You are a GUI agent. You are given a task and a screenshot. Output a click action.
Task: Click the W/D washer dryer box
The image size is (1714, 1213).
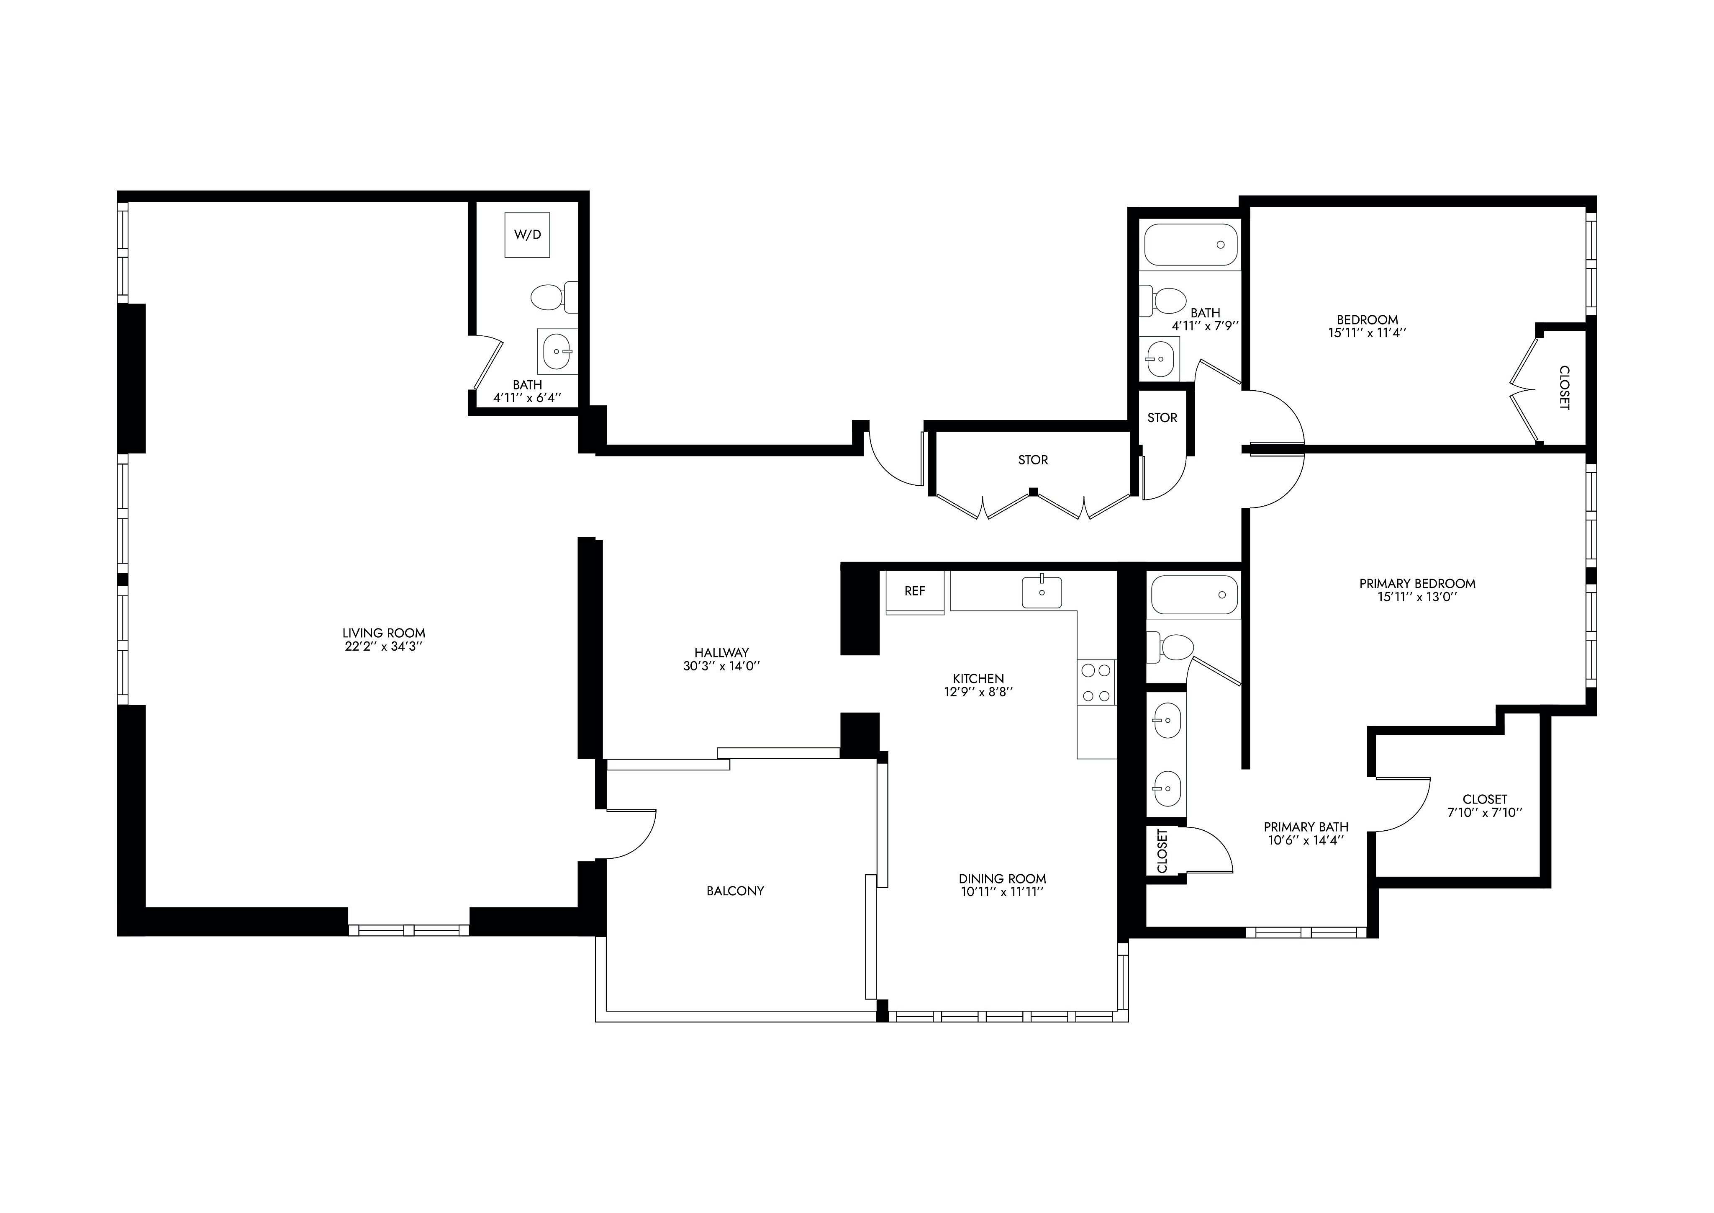point(527,234)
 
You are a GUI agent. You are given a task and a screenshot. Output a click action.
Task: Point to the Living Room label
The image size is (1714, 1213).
point(384,634)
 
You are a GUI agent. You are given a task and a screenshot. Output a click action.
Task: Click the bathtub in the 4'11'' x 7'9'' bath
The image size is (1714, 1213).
point(1191,244)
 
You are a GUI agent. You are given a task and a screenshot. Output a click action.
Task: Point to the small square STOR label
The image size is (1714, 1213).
point(1162,418)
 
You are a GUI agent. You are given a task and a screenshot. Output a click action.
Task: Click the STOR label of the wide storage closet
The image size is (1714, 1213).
point(1033,460)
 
